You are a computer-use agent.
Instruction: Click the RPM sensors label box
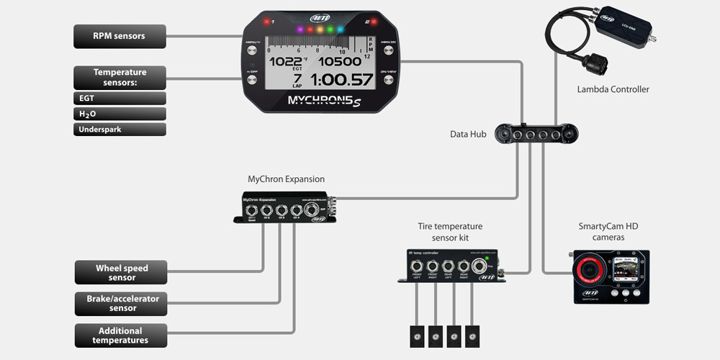click(x=120, y=35)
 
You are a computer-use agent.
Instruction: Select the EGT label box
click(x=120, y=98)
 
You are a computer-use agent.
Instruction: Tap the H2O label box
click(x=120, y=114)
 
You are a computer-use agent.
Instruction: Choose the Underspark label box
click(x=120, y=130)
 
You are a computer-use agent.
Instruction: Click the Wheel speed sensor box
click(x=121, y=273)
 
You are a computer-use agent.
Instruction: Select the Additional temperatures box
click(x=121, y=335)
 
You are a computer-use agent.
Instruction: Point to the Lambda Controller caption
click(x=613, y=89)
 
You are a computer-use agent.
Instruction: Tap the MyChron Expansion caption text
click(x=286, y=179)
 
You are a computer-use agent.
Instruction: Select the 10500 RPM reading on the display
click(x=339, y=61)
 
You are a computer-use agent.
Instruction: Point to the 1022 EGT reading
click(x=285, y=61)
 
